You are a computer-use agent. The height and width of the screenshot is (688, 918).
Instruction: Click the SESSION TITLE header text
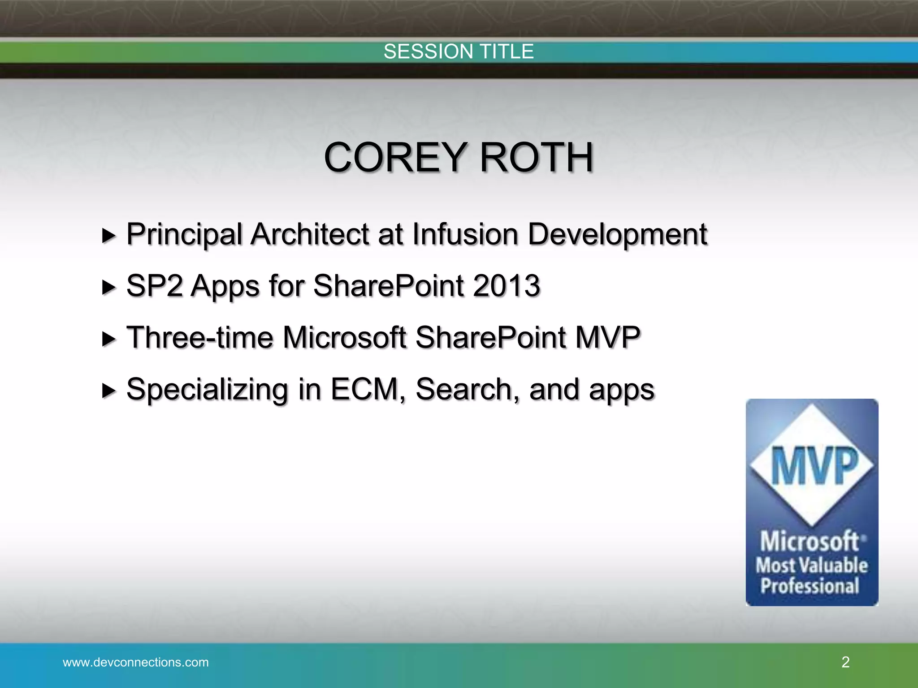point(459,52)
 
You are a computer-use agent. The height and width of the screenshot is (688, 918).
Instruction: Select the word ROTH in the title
point(537,158)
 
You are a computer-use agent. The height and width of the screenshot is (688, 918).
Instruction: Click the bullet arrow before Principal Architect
point(108,235)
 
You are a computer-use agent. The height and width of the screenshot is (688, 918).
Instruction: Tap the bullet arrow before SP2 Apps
point(108,287)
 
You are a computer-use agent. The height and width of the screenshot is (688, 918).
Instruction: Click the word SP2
point(154,286)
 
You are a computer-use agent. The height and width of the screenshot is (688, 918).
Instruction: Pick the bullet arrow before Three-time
point(108,339)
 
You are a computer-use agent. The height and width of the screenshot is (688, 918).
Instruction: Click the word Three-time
point(200,337)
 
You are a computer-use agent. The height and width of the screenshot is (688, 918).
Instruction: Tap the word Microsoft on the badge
point(810,541)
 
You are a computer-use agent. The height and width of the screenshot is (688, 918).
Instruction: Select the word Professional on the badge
point(810,586)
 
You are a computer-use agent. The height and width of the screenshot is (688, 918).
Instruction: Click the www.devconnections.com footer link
point(136,662)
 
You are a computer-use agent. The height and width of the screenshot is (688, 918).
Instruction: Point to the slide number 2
point(845,662)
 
